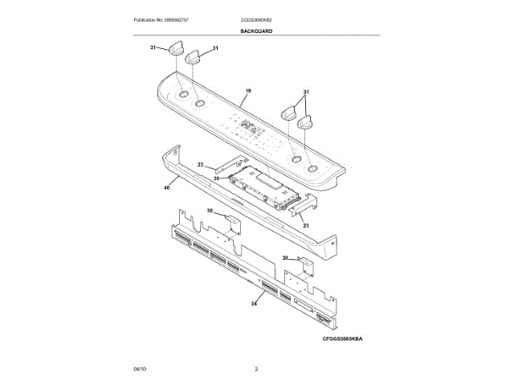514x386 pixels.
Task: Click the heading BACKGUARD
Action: [256, 31]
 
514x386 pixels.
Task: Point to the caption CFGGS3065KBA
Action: [344, 339]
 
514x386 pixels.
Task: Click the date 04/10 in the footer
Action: [140, 368]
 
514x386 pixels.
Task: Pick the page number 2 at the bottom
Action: [256, 368]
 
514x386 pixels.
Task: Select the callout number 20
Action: [216, 179]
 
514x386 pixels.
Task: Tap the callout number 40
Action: [166, 187]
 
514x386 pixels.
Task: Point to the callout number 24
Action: [254, 303]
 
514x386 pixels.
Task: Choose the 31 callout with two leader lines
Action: [306, 93]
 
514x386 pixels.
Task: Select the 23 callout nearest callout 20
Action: [201, 164]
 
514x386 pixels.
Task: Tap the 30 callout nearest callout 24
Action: [284, 258]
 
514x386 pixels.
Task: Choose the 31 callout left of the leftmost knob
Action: [153, 48]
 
